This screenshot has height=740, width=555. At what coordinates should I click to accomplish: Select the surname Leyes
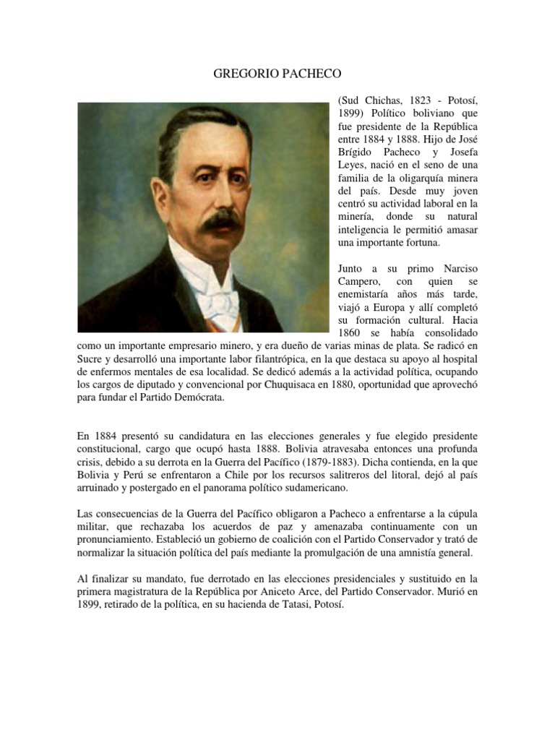pos(353,165)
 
